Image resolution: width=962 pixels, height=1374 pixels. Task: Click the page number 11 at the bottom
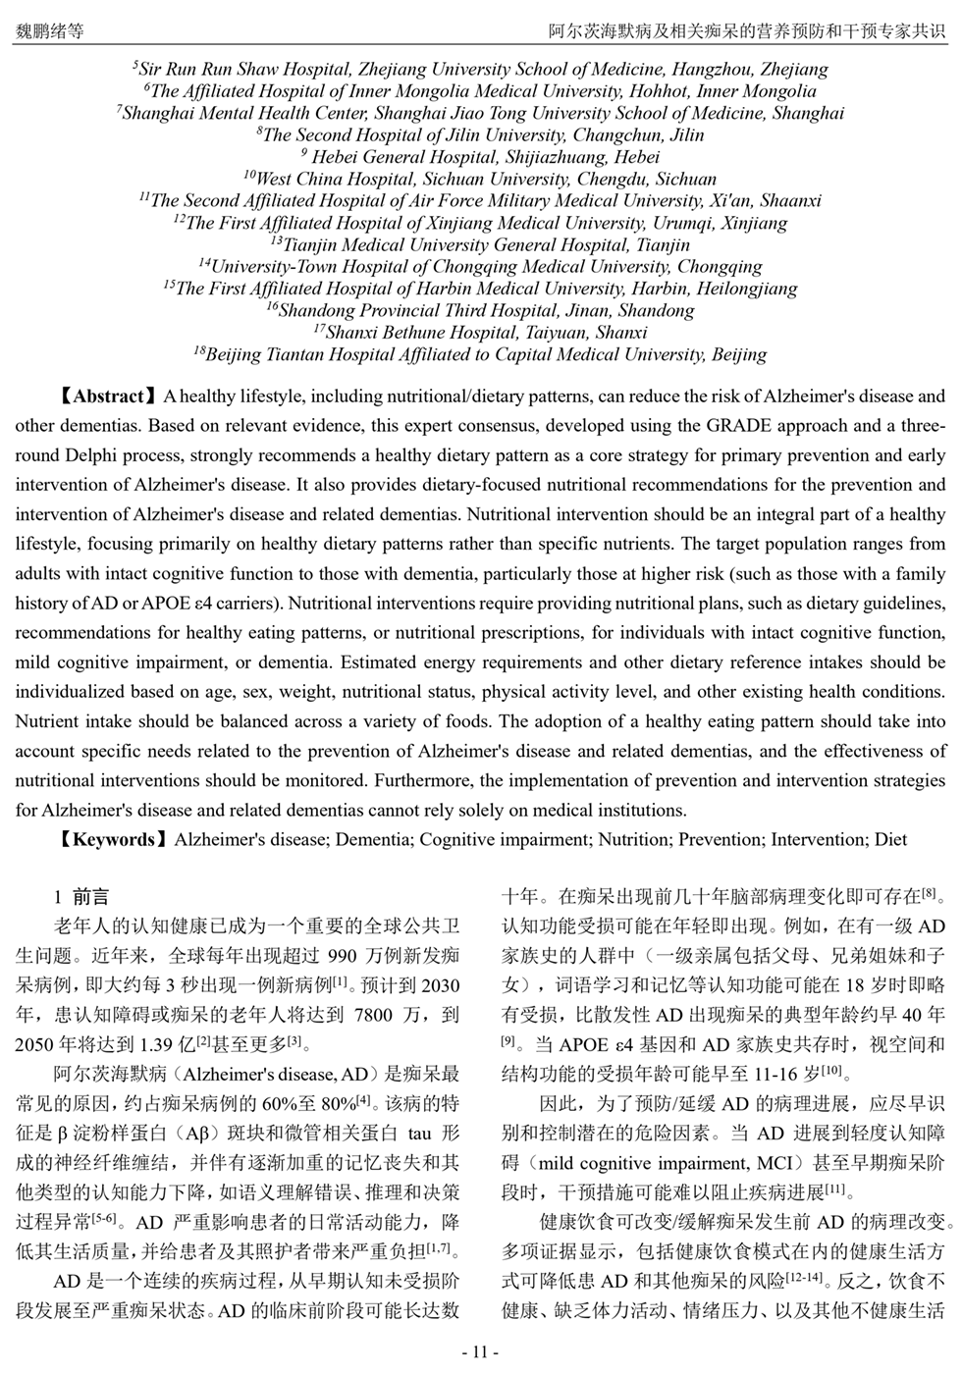pyautogui.click(x=480, y=1351)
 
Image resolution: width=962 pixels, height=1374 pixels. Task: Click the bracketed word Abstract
pyautogui.click(x=108, y=396)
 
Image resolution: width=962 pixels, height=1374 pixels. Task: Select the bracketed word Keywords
pyautogui.click(x=114, y=839)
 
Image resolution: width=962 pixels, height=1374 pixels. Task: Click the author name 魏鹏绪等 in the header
pyautogui.click(x=50, y=31)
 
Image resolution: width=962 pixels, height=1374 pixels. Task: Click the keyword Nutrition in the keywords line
pyautogui.click(x=636, y=839)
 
